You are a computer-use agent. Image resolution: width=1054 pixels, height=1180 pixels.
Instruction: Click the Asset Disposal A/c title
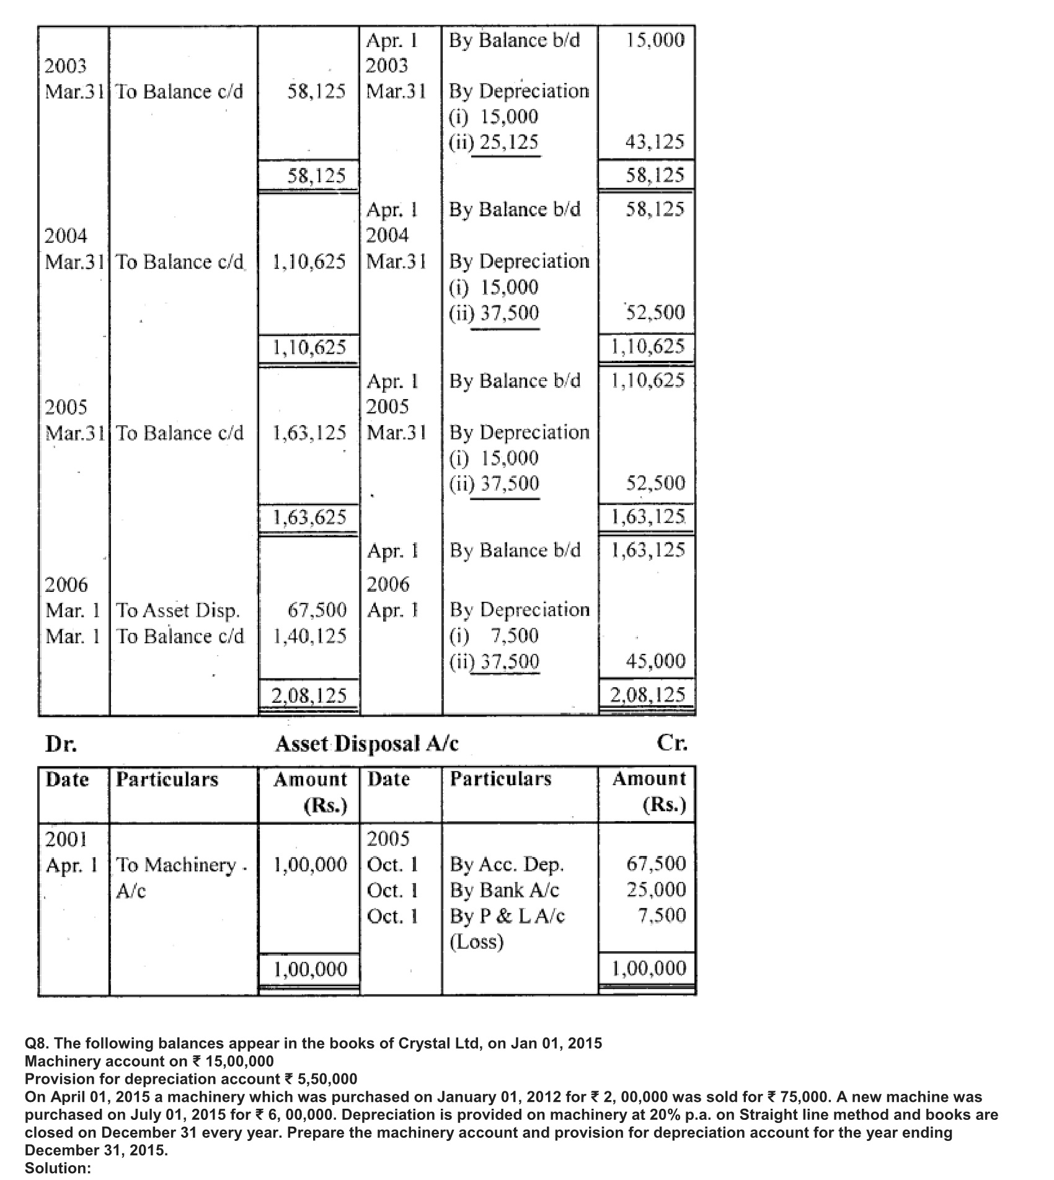(367, 743)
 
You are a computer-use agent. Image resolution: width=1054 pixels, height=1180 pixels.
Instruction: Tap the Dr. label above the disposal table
(61, 744)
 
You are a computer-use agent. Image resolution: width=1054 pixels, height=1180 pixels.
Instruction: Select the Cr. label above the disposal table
(672, 742)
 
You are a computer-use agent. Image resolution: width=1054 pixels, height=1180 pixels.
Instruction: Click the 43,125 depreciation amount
(655, 143)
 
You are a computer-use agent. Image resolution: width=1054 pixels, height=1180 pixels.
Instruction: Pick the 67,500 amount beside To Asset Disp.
(317, 610)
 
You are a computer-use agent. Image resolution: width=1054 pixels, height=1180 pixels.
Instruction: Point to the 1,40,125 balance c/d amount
(309, 636)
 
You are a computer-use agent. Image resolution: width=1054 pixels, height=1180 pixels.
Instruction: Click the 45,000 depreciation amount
(655, 661)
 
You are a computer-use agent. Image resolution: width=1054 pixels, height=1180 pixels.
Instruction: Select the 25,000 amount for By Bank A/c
(656, 890)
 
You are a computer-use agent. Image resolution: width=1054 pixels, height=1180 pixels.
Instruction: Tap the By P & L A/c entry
(507, 916)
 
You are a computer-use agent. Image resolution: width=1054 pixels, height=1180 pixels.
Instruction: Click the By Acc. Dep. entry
(507, 864)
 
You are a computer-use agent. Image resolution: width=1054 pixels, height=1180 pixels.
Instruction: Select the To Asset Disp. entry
(178, 611)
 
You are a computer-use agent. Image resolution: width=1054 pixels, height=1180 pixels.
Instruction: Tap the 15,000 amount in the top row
(655, 40)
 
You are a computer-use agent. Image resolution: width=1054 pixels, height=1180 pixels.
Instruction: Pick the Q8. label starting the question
(38, 1043)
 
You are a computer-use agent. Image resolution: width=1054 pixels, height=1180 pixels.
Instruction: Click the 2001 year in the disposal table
(66, 840)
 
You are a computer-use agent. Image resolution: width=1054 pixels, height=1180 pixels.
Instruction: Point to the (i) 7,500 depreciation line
(494, 636)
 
